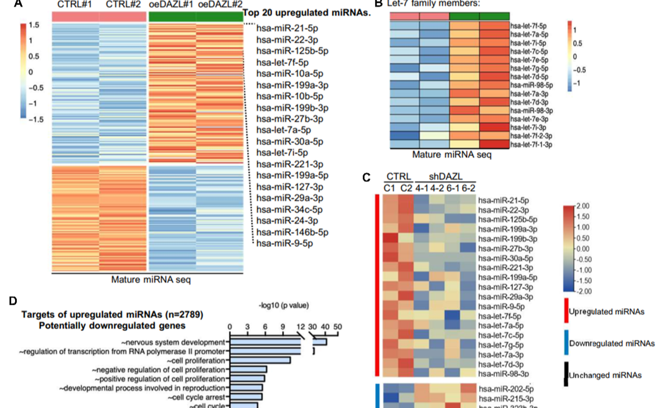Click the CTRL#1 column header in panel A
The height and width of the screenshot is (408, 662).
75,5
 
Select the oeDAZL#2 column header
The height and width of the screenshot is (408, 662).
219,5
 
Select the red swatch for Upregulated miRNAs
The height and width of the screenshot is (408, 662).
566,311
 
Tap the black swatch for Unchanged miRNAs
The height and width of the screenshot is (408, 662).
566,374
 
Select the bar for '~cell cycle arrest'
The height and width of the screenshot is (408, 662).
246,397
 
